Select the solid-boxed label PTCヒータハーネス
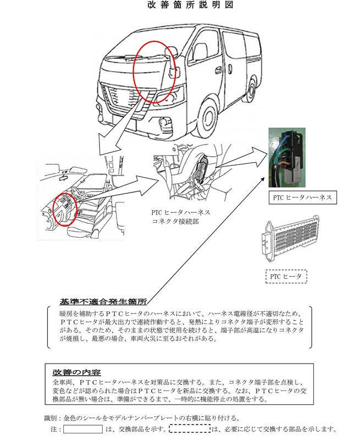pyautogui.click(x=302, y=197)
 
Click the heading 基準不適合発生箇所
pyautogui.click(x=103, y=301)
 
